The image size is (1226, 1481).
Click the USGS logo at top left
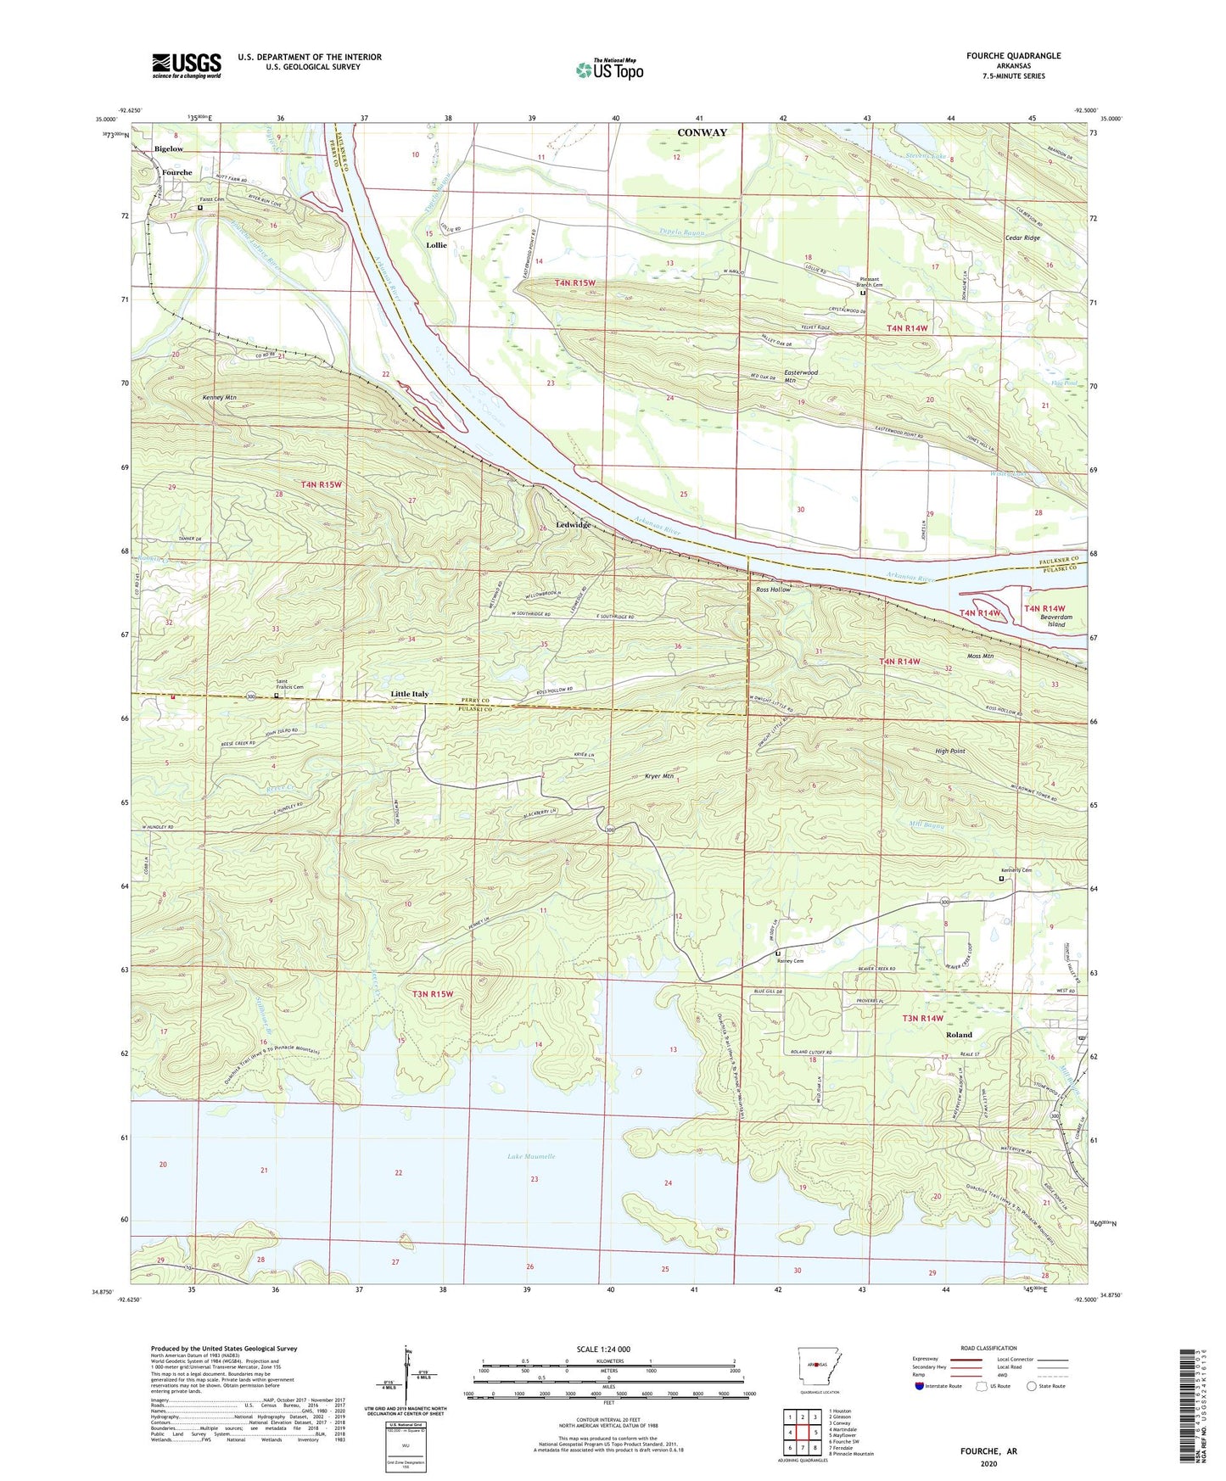187,65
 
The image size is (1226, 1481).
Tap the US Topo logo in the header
609,70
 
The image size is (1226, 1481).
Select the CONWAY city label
703,132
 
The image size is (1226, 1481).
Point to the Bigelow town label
169,148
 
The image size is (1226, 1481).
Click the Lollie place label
436,245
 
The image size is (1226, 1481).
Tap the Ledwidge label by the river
573,525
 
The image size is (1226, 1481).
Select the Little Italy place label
409,694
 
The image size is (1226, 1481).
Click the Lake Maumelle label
531,1157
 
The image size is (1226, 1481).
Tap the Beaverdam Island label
1055,621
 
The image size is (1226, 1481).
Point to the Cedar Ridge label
1021,238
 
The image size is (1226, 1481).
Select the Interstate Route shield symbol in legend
921,1386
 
